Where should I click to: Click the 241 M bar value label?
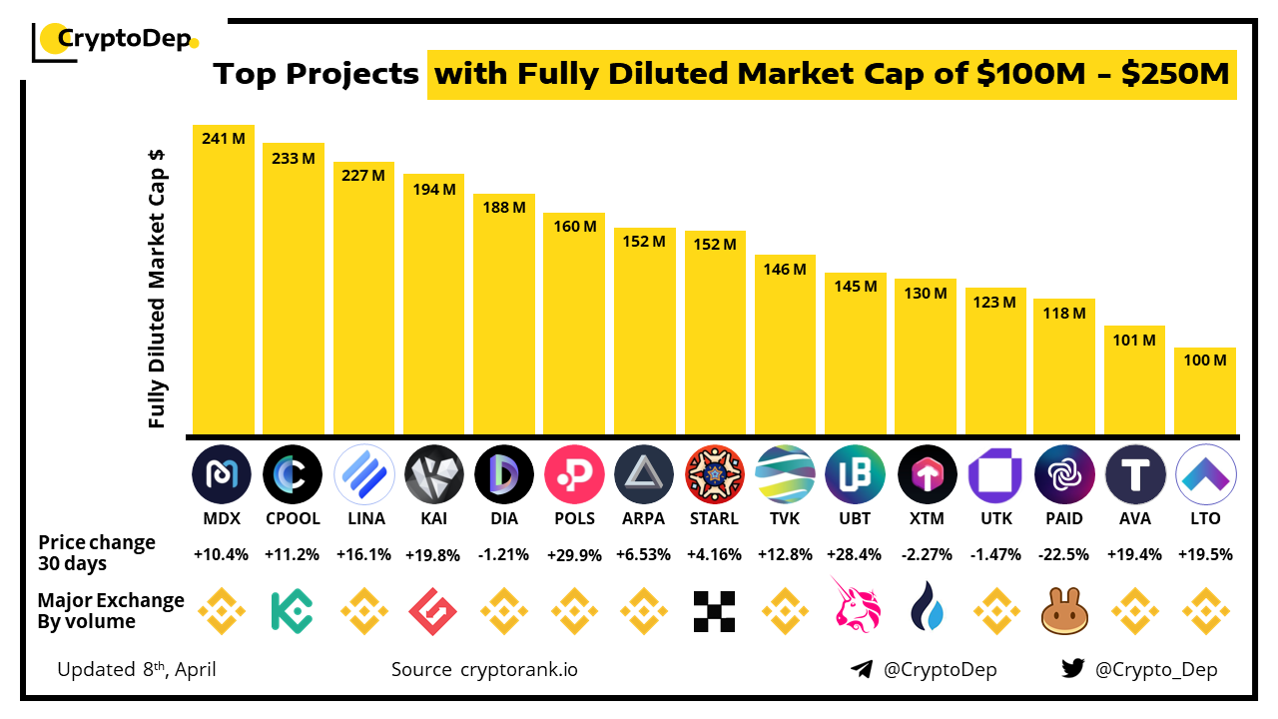(223, 139)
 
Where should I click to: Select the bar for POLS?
(574, 330)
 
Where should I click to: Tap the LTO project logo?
(1206, 473)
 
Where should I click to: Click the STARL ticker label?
(714, 518)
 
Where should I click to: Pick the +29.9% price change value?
(573, 555)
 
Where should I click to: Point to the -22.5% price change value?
(1064, 555)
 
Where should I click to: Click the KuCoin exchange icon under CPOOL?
(292, 611)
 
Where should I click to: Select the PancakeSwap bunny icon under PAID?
(1064, 611)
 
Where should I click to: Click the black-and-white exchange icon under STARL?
(714, 611)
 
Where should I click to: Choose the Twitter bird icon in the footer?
(1072, 669)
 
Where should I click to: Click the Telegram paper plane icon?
(862, 669)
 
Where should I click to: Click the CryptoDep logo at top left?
(116, 40)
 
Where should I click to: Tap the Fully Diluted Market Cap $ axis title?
(157, 290)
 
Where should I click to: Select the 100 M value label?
(1205, 360)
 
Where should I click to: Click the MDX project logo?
(222, 473)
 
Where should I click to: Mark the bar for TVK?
(785, 350)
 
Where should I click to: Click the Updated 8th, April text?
(137, 669)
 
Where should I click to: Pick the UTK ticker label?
(994, 518)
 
